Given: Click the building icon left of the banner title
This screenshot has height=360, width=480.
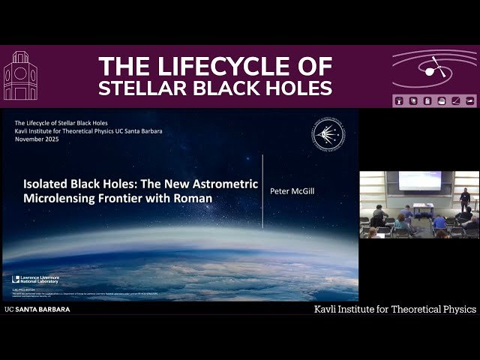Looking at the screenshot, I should pos(20,76).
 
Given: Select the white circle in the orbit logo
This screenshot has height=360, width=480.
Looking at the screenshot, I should pos(430,71).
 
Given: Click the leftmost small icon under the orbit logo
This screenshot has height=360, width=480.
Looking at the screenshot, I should pos(398,100).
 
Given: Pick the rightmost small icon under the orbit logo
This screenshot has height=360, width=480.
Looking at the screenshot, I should pos(470,100).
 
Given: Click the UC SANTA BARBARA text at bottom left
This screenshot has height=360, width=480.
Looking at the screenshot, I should pos(37,309).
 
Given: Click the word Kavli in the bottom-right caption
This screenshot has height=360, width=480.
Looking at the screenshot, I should pos(327,309).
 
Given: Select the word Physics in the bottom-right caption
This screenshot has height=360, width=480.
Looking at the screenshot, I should pos(453,309).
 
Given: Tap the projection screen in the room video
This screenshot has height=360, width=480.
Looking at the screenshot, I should pos(419,181).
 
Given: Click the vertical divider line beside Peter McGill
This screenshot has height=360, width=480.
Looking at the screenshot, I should pos(262,191).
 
